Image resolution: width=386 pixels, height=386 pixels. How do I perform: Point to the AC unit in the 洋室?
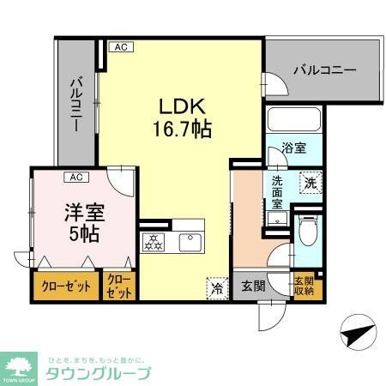76,178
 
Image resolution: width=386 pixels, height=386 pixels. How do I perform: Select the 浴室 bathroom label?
295,148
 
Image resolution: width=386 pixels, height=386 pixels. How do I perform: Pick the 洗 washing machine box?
311,181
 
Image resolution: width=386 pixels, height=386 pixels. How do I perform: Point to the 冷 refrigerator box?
218,288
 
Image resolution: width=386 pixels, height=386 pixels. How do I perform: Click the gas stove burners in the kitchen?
156,241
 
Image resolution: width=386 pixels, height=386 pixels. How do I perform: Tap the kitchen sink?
190,242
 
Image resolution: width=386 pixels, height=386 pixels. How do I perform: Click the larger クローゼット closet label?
66,286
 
